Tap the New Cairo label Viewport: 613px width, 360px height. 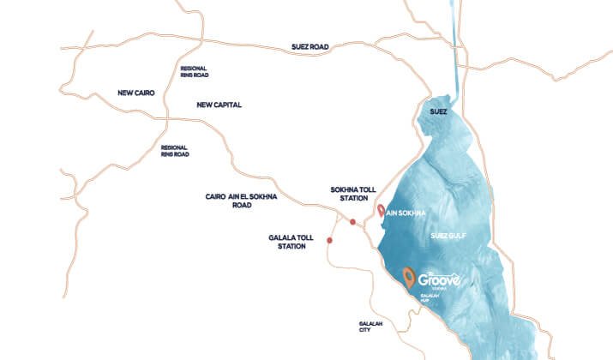tap(135, 92)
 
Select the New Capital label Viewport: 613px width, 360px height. tap(219, 105)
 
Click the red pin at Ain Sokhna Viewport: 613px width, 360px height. tap(380, 210)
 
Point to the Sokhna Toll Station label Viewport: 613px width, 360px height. tap(353, 193)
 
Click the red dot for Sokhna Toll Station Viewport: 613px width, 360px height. tap(352, 223)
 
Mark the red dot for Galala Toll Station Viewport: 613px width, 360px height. tap(328, 241)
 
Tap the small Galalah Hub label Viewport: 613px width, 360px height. tap(430, 300)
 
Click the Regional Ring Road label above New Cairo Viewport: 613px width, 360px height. tap(193, 72)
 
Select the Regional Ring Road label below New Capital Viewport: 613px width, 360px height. tap(174, 151)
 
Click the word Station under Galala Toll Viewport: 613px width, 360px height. tap(291, 247)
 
